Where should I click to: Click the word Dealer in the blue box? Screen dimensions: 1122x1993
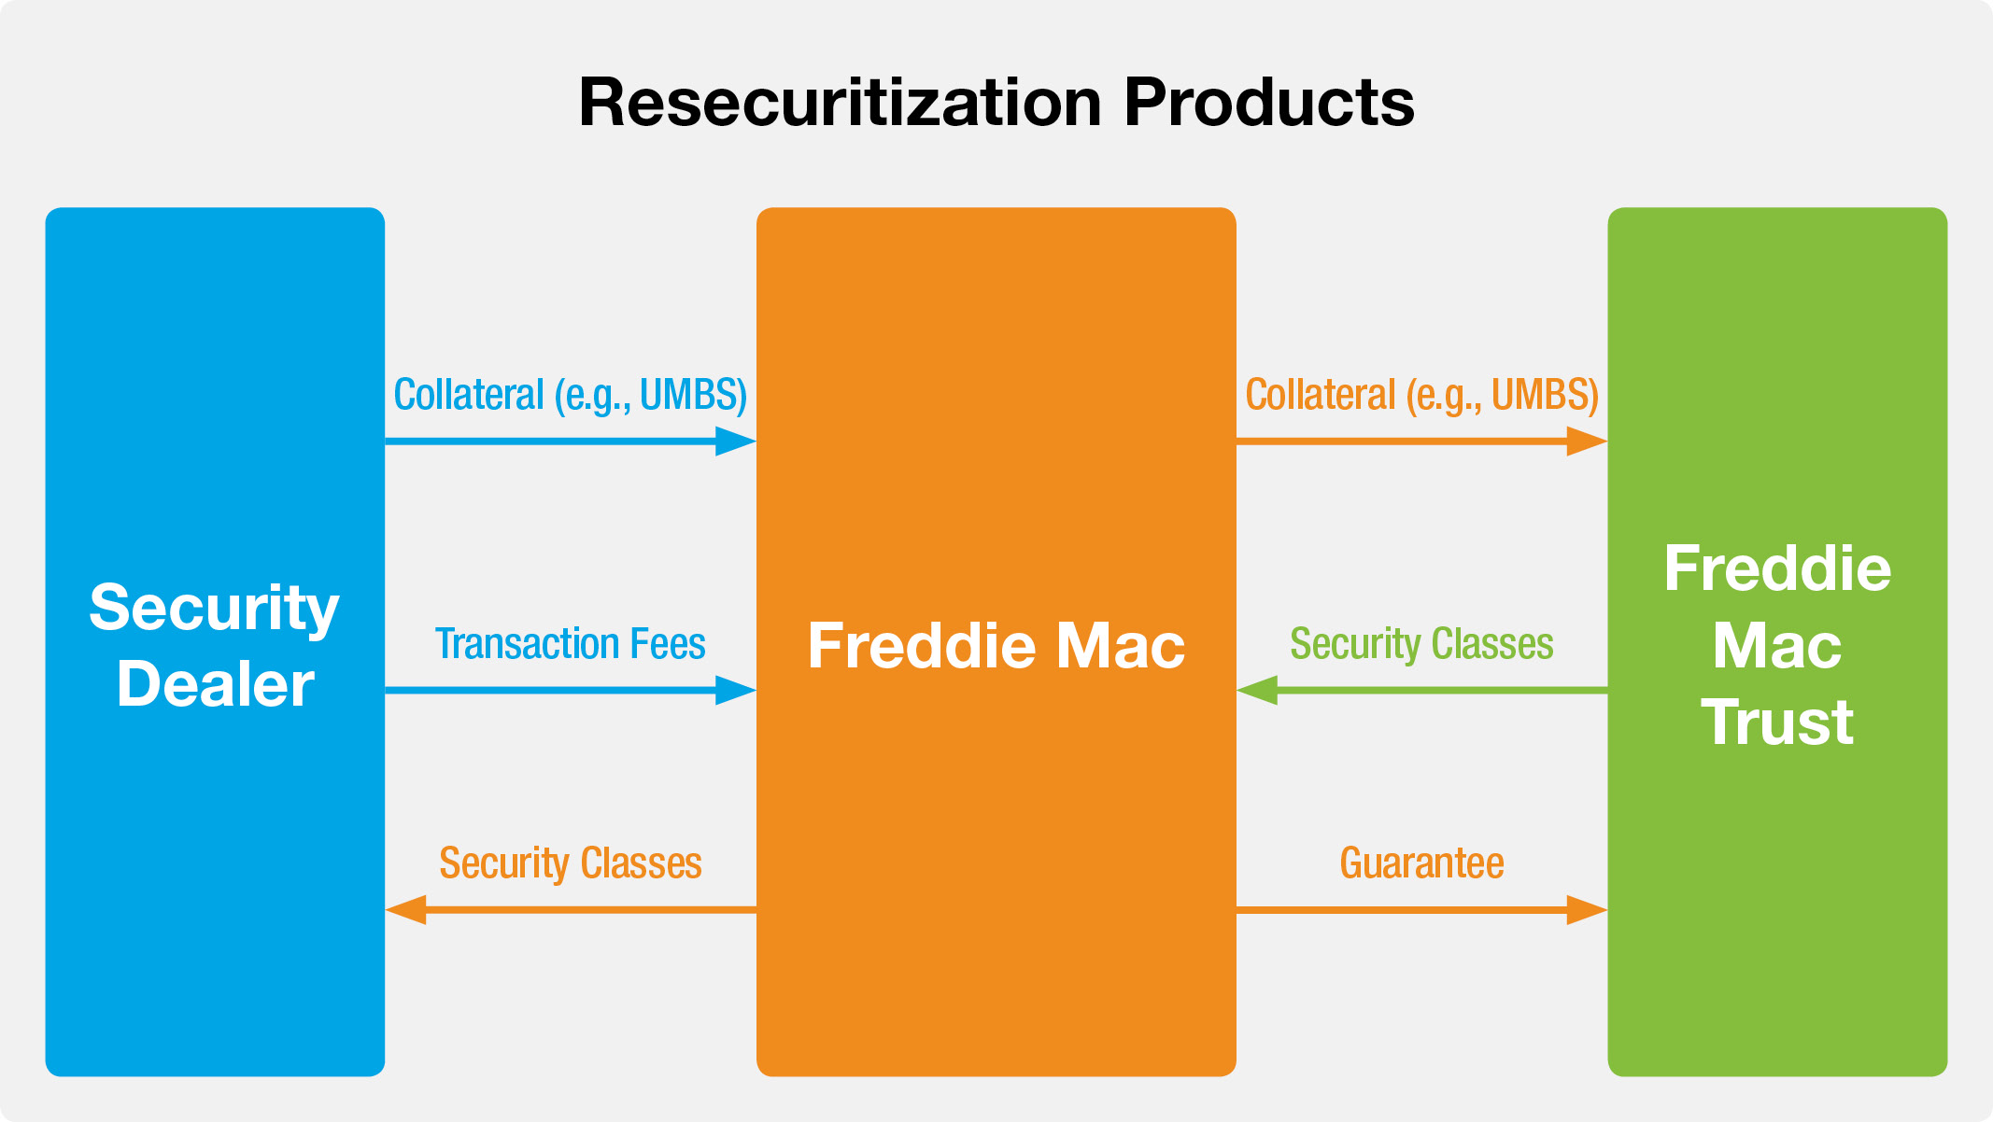tap(215, 684)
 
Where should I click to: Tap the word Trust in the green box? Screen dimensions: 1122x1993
tap(1776, 722)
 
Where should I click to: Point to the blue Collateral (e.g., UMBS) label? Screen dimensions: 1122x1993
tap(570, 395)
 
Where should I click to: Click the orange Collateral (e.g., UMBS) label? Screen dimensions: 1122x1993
tap(1421, 395)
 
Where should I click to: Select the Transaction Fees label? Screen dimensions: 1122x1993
tap(570, 644)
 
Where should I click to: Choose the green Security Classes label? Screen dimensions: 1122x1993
tap(1421, 644)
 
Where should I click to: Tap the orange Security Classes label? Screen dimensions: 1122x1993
tap(570, 863)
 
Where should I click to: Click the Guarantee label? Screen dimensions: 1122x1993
tap(1421, 863)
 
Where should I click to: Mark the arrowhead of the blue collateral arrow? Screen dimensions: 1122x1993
tap(735, 442)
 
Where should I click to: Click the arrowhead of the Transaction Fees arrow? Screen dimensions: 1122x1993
tap(735, 691)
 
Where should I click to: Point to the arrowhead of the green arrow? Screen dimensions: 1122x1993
tap(1257, 691)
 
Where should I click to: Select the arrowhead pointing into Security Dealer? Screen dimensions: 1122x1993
tap(406, 909)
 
